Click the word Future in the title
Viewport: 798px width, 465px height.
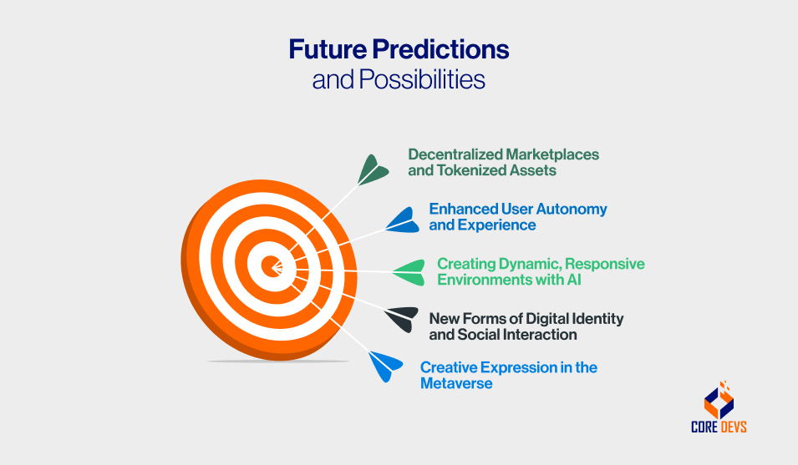[328, 49]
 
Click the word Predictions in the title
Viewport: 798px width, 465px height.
[440, 49]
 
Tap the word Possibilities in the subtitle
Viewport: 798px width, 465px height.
[422, 79]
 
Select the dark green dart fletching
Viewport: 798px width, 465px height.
[373, 169]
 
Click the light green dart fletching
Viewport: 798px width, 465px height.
[409, 272]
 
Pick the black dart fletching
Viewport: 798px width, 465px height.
[400, 319]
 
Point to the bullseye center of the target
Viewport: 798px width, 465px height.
[272, 265]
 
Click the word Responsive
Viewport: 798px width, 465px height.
[605, 265]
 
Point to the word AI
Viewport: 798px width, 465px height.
[575, 280]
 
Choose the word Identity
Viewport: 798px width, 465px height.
[597, 319]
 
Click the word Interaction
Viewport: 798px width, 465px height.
[542, 335]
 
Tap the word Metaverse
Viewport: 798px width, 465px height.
[456, 383]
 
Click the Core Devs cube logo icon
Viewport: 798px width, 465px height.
[719, 399]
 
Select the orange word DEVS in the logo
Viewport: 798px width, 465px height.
[733, 427]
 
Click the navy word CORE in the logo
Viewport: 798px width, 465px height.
[704, 427]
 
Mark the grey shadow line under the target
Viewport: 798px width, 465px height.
[278, 361]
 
